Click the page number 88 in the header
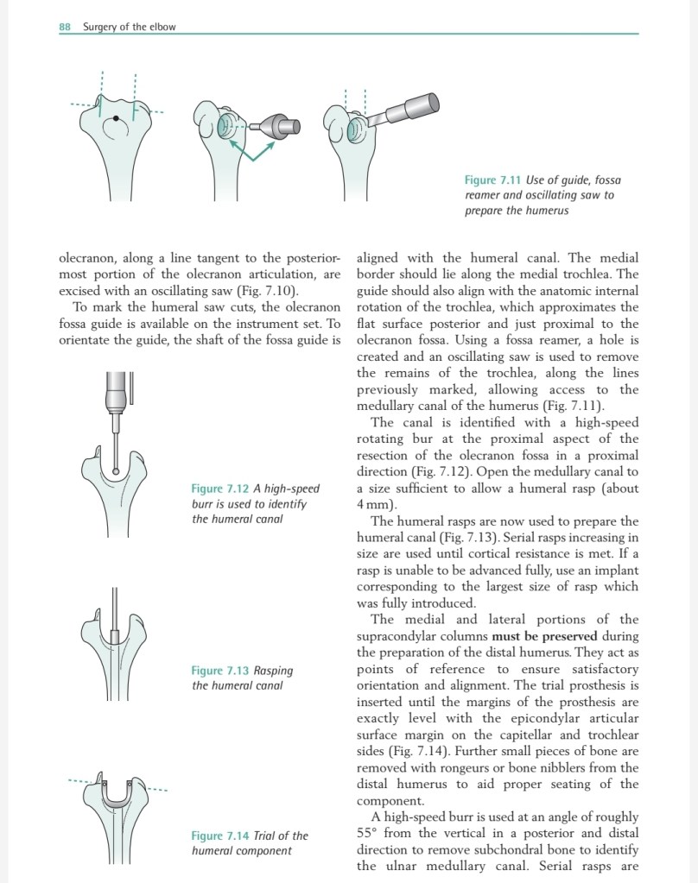click(65, 27)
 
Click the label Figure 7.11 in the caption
click(492, 180)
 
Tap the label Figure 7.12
click(219, 489)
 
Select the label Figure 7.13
click(219, 670)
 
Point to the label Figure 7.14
click(219, 836)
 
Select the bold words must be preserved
click(550, 636)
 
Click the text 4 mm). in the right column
click(377, 504)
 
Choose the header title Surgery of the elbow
click(129, 27)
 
